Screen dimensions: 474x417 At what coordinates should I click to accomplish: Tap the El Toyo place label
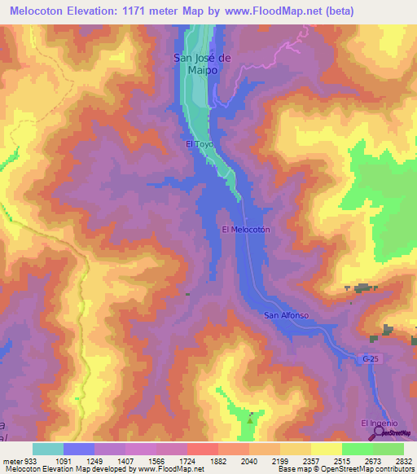pos(199,145)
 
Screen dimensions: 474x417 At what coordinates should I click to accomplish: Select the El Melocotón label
pos(245,230)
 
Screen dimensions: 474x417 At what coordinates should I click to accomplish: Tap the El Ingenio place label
pos(379,423)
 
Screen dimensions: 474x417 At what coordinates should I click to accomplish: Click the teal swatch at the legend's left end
pos(48,449)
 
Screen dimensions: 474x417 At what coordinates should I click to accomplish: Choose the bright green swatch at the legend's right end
pos(388,449)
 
